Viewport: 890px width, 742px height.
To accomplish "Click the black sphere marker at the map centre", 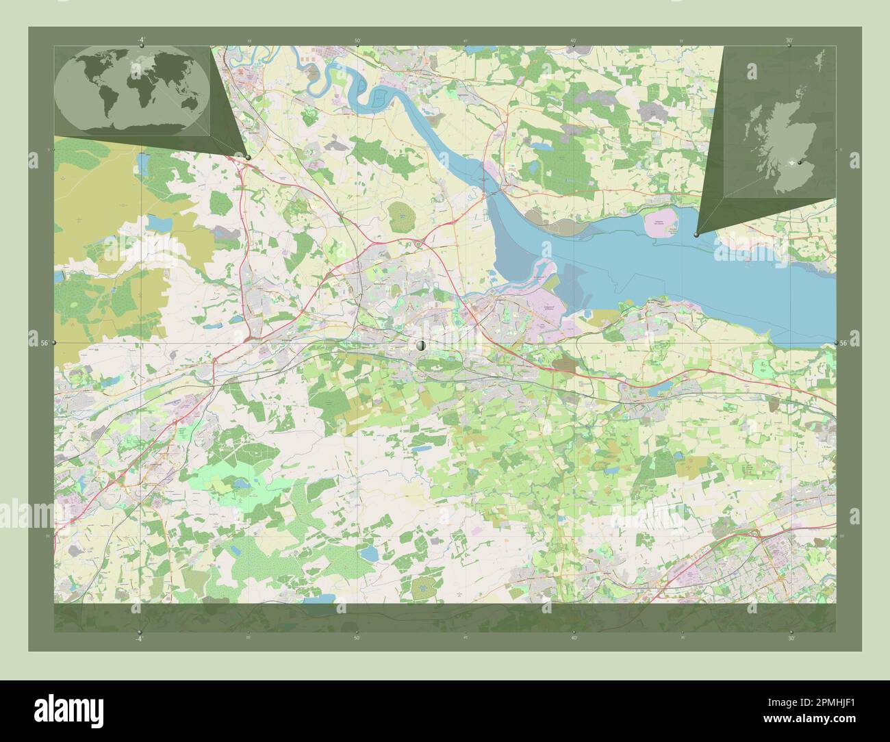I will pyautogui.click(x=421, y=347).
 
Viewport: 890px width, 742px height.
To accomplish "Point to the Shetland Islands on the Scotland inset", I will pyautogui.click(x=819, y=62).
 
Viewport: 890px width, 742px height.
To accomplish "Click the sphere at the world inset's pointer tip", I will pyautogui.click(x=247, y=157).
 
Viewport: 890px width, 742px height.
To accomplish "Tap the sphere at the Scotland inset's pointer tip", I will pyautogui.click(x=697, y=234).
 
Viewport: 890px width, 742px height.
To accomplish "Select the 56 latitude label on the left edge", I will pyautogui.click(x=44, y=342).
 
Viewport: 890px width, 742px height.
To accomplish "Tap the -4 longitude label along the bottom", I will pyautogui.click(x=140, y=638).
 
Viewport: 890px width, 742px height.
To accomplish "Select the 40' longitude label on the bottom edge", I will pyautogui.click(x=574, y=638).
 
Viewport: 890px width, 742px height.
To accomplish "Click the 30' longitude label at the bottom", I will pyautogui.click(x=791, y=638).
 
